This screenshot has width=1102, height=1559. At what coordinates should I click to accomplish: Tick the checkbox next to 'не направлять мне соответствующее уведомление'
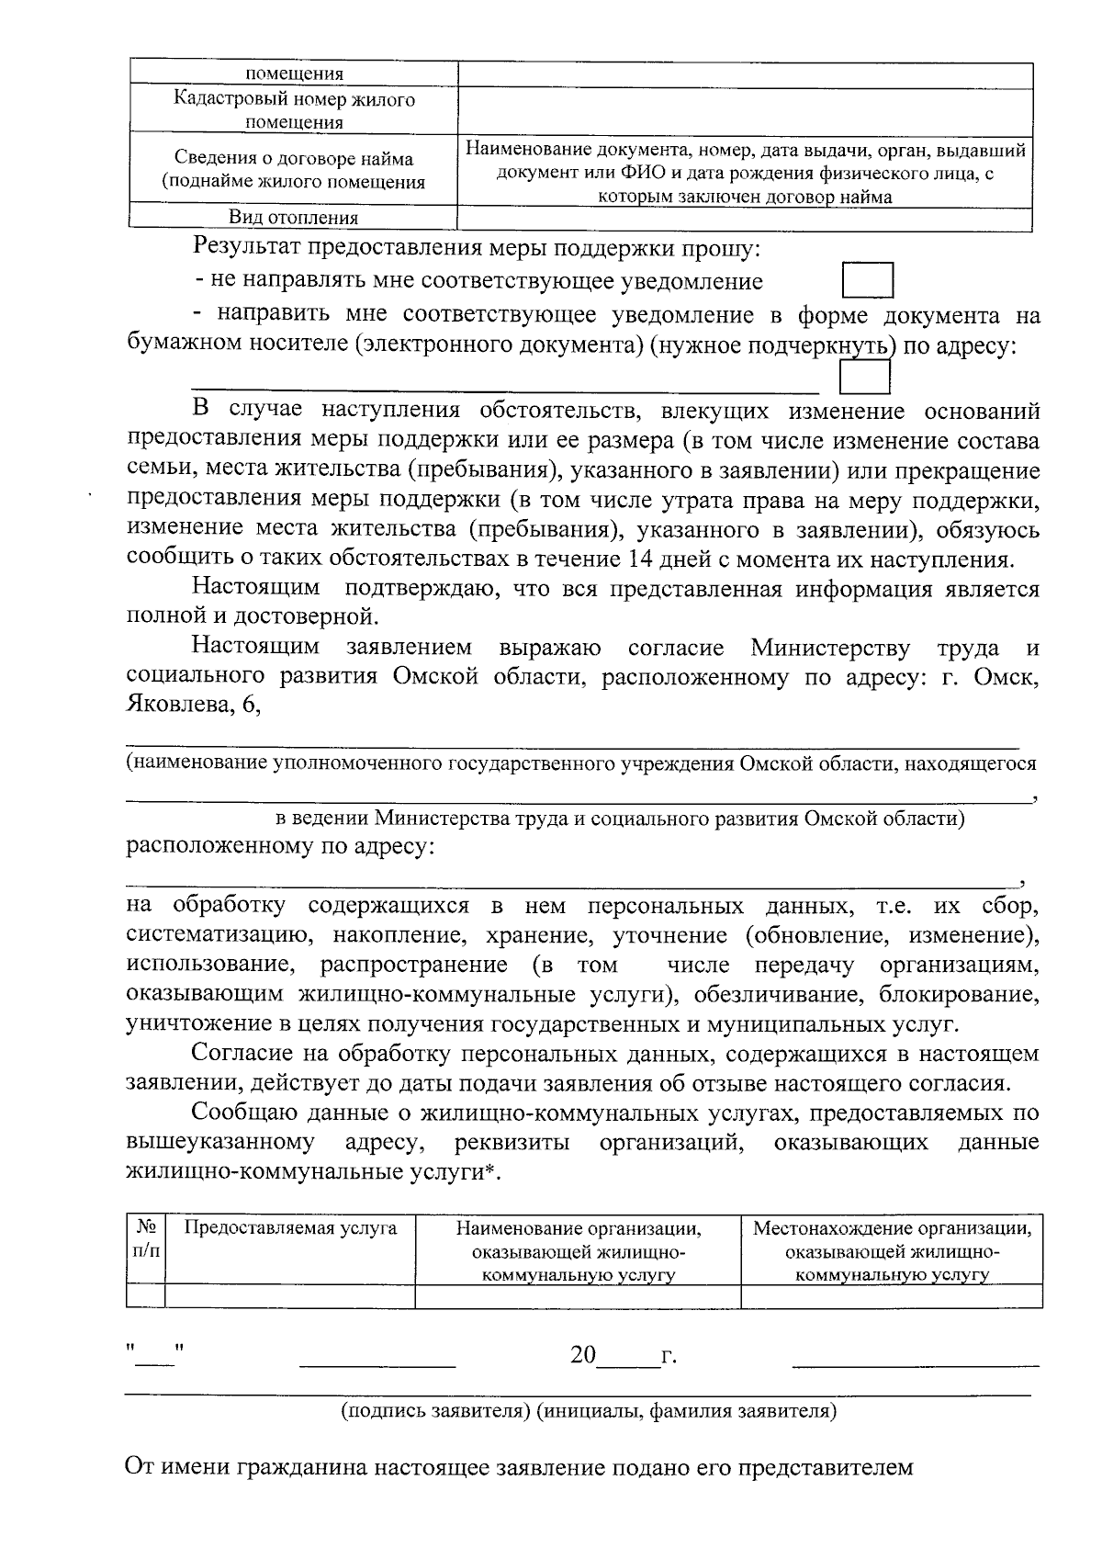coord(868,281)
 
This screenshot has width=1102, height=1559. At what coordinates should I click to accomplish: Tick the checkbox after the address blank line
coord(865,378)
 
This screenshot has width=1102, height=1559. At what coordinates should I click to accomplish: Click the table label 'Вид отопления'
coord(293,218)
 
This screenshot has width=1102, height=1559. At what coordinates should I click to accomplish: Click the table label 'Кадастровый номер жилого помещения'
coord(293,111)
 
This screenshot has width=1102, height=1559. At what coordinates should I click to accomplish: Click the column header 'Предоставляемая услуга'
coord(290,1228)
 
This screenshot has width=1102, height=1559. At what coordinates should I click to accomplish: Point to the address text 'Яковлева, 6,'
coord(194,706)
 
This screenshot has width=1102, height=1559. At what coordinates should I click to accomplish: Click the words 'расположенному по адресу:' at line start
coord(280,846)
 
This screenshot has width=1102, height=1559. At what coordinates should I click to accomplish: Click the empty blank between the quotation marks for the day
coord(155,1355)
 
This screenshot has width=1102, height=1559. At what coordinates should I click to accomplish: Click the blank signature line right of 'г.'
coord(915,1358)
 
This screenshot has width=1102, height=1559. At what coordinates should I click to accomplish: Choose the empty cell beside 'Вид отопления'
coord(745,218)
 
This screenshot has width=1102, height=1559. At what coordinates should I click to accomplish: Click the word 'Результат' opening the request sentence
coord(246,248)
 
